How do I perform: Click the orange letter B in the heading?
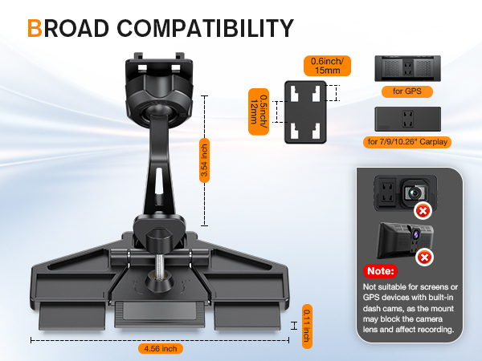[x=35, y=28]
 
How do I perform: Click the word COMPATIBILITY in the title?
[x=205, y=28]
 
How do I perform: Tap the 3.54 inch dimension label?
[x=204, y=160]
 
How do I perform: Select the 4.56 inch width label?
[x=161, y=349]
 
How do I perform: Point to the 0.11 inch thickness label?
[x=307, y=326]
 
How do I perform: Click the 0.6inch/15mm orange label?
[x=327, y=66]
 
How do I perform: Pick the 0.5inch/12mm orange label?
[x=259, y=112]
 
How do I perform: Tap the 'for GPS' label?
[x=407, y=91]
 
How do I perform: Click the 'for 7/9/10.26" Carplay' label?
[x=407, y=142]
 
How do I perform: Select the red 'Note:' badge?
[x=380, y=271]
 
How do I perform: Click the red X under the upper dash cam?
[x=423, y=211]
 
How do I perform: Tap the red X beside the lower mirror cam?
[x=424, y=258]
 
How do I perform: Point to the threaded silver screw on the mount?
[x=158, y=264]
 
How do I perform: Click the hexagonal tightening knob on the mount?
[x=158, y=237]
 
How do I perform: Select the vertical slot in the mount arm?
[x=158, y=181]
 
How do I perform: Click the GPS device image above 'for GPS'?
[x=407, y=68]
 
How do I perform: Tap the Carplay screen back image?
[x=407, y=119]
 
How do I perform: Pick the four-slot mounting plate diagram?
[x=305, y=112]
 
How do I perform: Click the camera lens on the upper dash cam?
[x=415, y=193]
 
